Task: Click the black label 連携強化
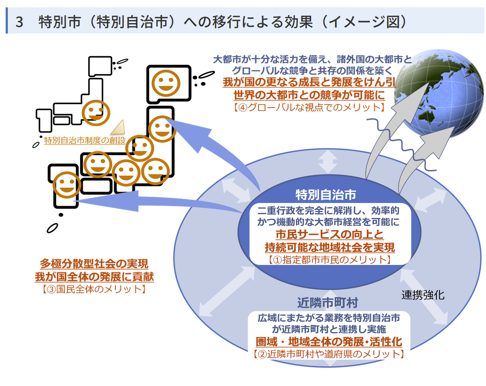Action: (x=422, y=295)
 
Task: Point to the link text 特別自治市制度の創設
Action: (x=84, y=141)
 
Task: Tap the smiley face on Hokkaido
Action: (x=164, y=83)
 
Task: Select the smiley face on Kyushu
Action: (x=67, y=184)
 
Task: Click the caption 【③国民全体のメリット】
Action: (x=94, y=288)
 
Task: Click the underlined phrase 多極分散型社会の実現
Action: (x=94, y=264)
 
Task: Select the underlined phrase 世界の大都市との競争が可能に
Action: (x=309, y=95)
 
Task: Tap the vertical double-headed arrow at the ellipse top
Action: (x=328, y=162)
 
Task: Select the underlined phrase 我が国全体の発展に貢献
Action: (x=94, y=277)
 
